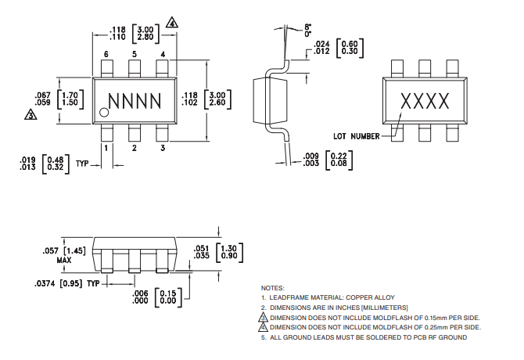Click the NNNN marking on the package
tap(135, 101)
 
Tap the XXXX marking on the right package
tap(425, 101)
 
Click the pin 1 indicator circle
tap(103, 115)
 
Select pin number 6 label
tap(106, 53)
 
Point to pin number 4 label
tap(163, 53)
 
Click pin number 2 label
tap(134, 147)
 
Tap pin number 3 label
tap(163, 147)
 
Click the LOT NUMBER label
tap(357, 136)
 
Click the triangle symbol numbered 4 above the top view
tap(172, 23)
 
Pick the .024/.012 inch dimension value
tap(321, 47)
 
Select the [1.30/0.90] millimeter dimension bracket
tap(227, 251)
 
